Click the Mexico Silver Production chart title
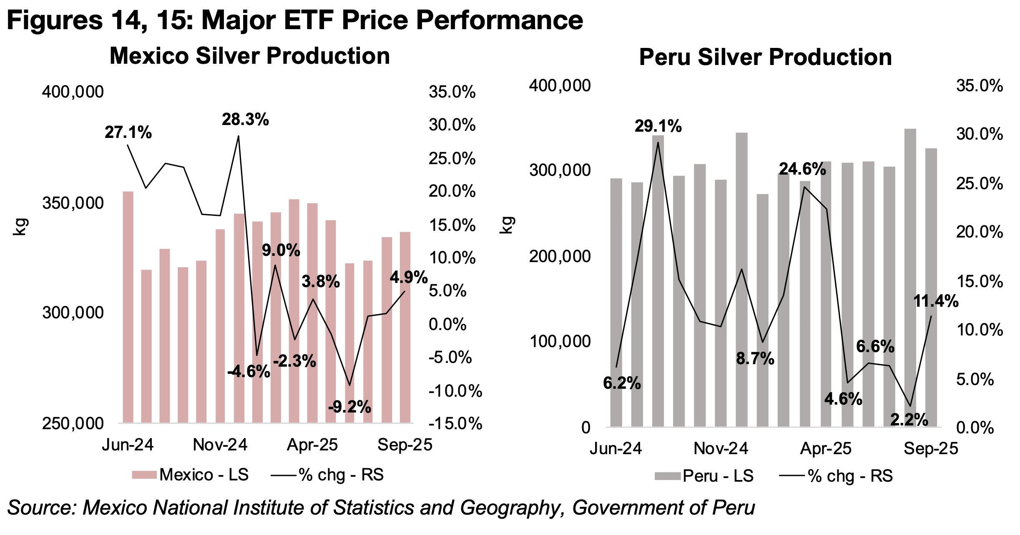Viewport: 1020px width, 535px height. tap(249, 56)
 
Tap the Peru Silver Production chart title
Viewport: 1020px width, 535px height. tap(765, 57)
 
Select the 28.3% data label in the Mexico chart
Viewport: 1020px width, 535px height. tap(245, 120)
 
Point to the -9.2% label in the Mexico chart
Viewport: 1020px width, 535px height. tap(349, 407)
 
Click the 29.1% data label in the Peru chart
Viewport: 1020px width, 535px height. tap(658, 126)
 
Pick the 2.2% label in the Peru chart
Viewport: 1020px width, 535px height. tap(909, 420)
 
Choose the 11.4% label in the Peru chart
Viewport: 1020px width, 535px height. tap(936, 301)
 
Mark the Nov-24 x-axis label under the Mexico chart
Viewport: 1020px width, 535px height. tap(220, 445)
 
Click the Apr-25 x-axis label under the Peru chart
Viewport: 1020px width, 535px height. tap(826, 449)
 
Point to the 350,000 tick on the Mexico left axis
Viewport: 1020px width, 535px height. tap(73, 203)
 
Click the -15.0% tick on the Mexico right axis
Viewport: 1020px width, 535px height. tap(455, 424)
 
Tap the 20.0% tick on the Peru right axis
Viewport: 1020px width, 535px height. tap(979, 232)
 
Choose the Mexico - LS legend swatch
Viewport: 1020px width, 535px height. tap(144, 475)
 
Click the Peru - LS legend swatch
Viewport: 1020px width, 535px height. tap(668, 476)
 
